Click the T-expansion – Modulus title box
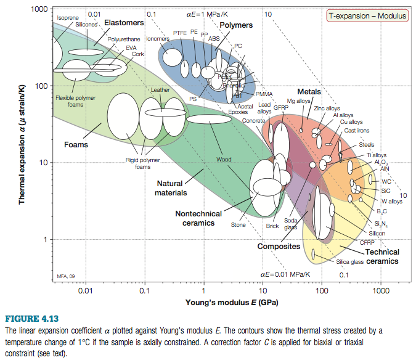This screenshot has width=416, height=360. pos(367,16)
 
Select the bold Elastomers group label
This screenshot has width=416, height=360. pos(123,23)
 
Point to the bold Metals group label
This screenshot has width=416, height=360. pos(309,92)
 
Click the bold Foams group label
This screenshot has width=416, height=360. pos(76,145)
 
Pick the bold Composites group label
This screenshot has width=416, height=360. pos(279,247)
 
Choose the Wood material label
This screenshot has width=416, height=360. pos(224,160)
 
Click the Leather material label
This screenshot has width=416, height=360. pos(160,90)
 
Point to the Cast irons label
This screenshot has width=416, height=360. pos(357,131)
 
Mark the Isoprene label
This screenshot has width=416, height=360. pos(68,18)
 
